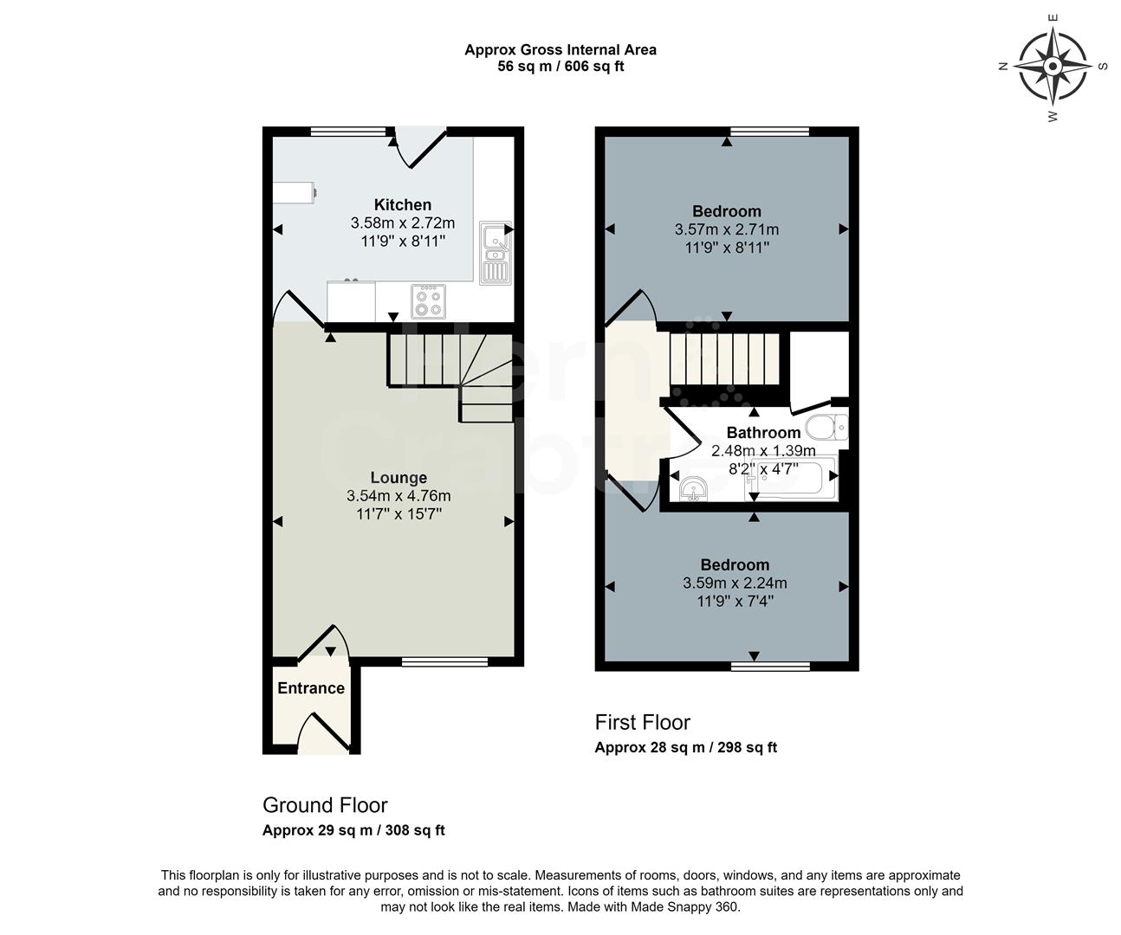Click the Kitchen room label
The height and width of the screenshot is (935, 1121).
[402, 205]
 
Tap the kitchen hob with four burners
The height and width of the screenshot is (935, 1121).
[429, 301]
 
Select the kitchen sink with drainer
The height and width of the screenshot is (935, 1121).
[496, 251]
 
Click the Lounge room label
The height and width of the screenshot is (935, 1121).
[399, 478]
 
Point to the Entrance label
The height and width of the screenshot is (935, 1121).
[311, 688]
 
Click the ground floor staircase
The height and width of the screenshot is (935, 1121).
[446, 368]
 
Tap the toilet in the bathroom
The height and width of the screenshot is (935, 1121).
[828, 427]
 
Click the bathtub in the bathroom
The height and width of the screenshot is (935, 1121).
[790, 480]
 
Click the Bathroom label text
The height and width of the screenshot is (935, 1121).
[763, 433]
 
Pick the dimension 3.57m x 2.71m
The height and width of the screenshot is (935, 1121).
[726, 230]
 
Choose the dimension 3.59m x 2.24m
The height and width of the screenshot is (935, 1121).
[735, 584]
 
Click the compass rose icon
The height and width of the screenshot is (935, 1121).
[1053, 66]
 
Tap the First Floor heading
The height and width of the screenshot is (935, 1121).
[642, 722]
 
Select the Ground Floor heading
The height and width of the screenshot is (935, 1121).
[325, 805]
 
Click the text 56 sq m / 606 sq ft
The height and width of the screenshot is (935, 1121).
[560, 67]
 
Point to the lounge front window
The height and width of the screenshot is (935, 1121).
[432, 662]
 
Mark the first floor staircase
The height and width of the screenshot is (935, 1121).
[723, 359]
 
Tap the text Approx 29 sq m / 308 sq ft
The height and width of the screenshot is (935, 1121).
[353, 830]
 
